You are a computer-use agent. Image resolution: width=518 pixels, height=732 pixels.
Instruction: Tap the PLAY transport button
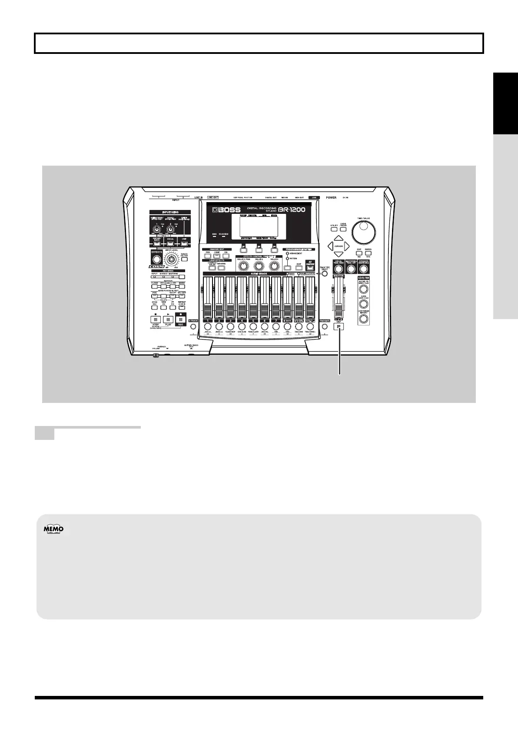point(168,318)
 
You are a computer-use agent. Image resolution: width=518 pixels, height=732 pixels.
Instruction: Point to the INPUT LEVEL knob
point(173,260)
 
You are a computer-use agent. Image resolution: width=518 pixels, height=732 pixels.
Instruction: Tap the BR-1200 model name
point(290,209)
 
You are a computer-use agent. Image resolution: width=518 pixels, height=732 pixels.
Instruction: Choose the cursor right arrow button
point(347,246)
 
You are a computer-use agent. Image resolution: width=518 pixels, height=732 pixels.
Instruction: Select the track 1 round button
point(207,326)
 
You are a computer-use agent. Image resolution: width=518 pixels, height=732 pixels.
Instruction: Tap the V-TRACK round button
point(193,326)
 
